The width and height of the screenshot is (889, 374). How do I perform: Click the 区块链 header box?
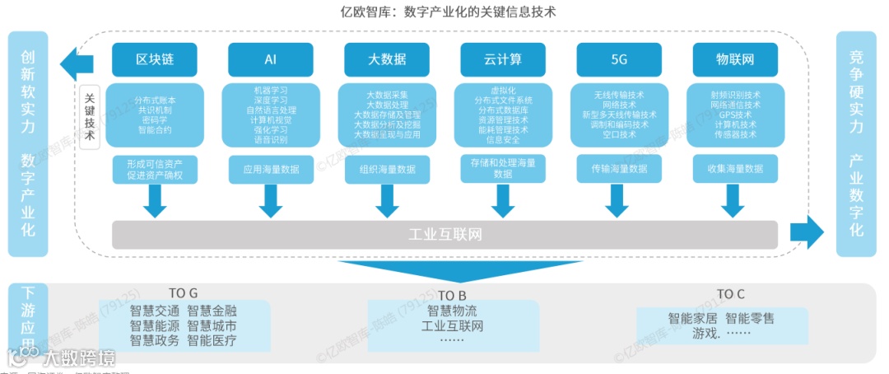(154, 59)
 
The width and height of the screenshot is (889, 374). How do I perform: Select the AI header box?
(270, 59)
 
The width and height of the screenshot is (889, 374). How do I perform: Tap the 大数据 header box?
(387, 59)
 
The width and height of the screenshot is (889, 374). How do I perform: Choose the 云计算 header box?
(503, 59)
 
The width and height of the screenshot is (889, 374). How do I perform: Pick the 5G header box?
(619, 59)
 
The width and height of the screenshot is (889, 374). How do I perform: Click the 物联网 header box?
(735, 59)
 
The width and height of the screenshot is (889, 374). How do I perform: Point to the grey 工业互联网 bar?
(444, 235)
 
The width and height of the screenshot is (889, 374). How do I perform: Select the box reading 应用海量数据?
(270, 169)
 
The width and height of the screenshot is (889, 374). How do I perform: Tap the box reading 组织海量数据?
(387, 169)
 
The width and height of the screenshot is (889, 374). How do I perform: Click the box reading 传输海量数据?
(619, 169)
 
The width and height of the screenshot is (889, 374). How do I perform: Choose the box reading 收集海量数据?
(735, 169)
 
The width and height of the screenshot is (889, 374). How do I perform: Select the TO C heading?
(730, 293)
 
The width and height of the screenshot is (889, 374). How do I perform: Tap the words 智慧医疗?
(212, 339)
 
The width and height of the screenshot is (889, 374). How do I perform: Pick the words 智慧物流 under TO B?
(451, 311)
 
